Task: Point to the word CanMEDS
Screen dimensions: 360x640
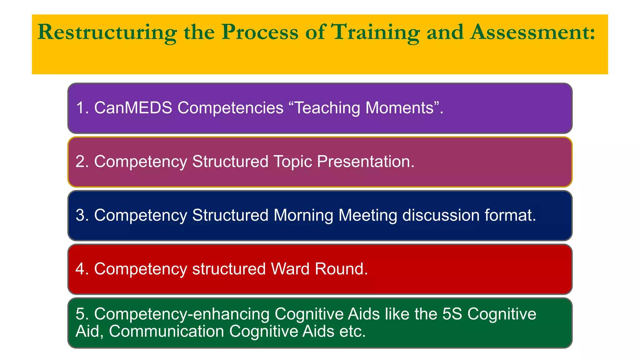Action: (133, 108)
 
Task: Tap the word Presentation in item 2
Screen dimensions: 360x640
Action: (366, 162)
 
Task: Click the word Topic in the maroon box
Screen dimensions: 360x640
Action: (292, 162)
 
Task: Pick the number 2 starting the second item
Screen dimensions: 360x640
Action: (81, 162)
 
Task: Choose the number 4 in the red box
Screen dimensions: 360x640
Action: (81, 269)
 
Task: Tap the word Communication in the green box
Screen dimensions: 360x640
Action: (166, 332)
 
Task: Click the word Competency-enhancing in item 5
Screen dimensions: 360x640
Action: (182, 314)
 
